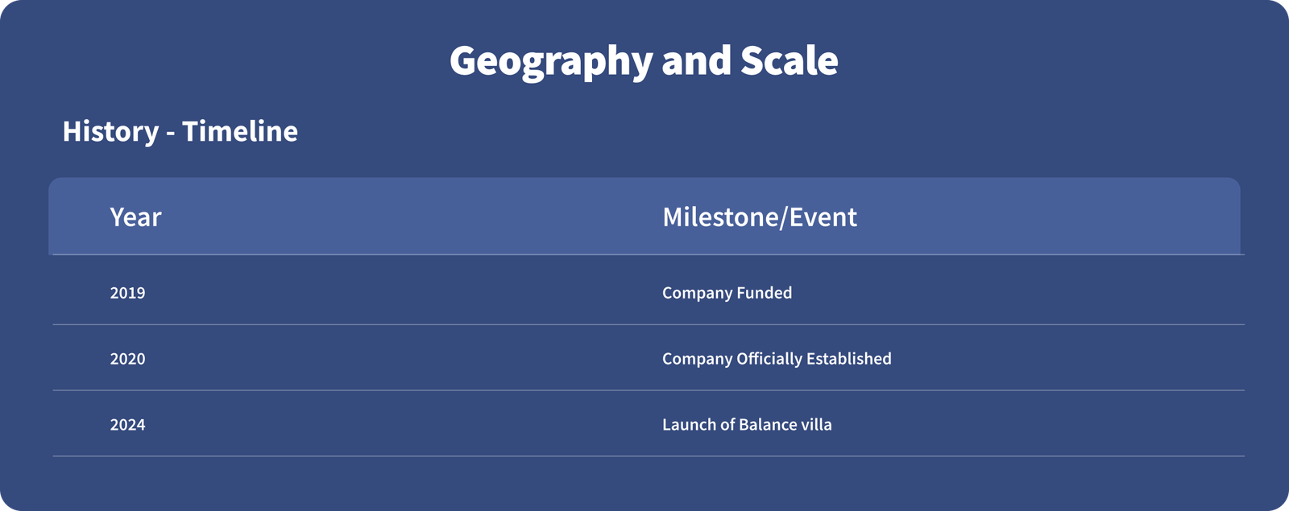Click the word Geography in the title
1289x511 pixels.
[551, 62]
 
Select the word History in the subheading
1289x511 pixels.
[110, 132]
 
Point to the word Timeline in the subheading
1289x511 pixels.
[240, 131]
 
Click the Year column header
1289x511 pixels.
[136, 217]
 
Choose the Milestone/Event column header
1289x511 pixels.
[760, 217]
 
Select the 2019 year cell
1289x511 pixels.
[128, 293]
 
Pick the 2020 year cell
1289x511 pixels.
[128, 359]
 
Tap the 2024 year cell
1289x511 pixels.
[128, 425]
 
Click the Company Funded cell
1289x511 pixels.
[727, 293]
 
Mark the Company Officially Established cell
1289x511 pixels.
[777, 359]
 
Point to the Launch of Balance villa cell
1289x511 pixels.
[747, 425]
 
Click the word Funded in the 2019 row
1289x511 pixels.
[765, 293]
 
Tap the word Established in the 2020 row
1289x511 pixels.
[849, 359]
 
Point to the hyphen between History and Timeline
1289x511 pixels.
[170, 134]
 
